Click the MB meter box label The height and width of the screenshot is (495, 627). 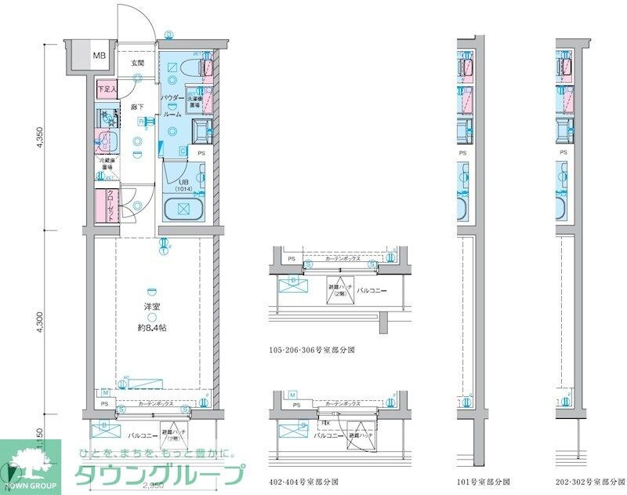[x=100, y=56]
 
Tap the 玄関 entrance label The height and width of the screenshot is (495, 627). [x=137, y=62]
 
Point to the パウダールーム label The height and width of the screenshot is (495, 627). [x=172, y=105]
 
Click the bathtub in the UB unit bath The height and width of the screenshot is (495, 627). [x=183, y=209]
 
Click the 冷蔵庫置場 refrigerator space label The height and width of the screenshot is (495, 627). [x=107, y=165]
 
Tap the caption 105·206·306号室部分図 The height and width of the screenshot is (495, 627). [x=311, y=350]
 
